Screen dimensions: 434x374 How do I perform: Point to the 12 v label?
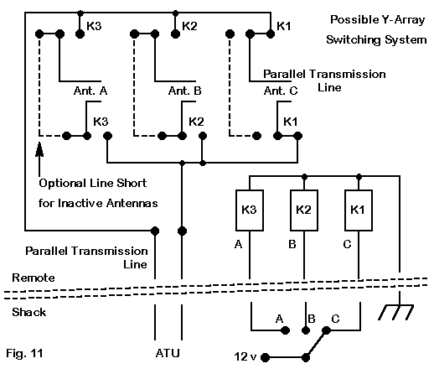coord(245,356)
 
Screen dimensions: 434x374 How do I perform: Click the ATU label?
coord(168,353)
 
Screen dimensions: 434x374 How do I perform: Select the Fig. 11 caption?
coord(24,353)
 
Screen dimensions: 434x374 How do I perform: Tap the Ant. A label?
coord(90,91)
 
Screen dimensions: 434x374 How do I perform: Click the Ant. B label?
coord(185,91)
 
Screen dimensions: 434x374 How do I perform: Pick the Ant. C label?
coord(281,91)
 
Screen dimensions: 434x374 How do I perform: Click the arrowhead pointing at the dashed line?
coord(39,148)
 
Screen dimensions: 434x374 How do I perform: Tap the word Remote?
coord(34,278)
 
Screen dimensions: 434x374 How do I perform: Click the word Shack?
coord(29,312)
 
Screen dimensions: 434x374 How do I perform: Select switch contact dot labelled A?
coord(285,330)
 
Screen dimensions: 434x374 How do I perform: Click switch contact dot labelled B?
coord(306,330)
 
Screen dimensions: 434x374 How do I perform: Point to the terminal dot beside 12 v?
coord(266,357)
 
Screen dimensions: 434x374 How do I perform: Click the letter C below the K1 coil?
coord(347,245)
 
